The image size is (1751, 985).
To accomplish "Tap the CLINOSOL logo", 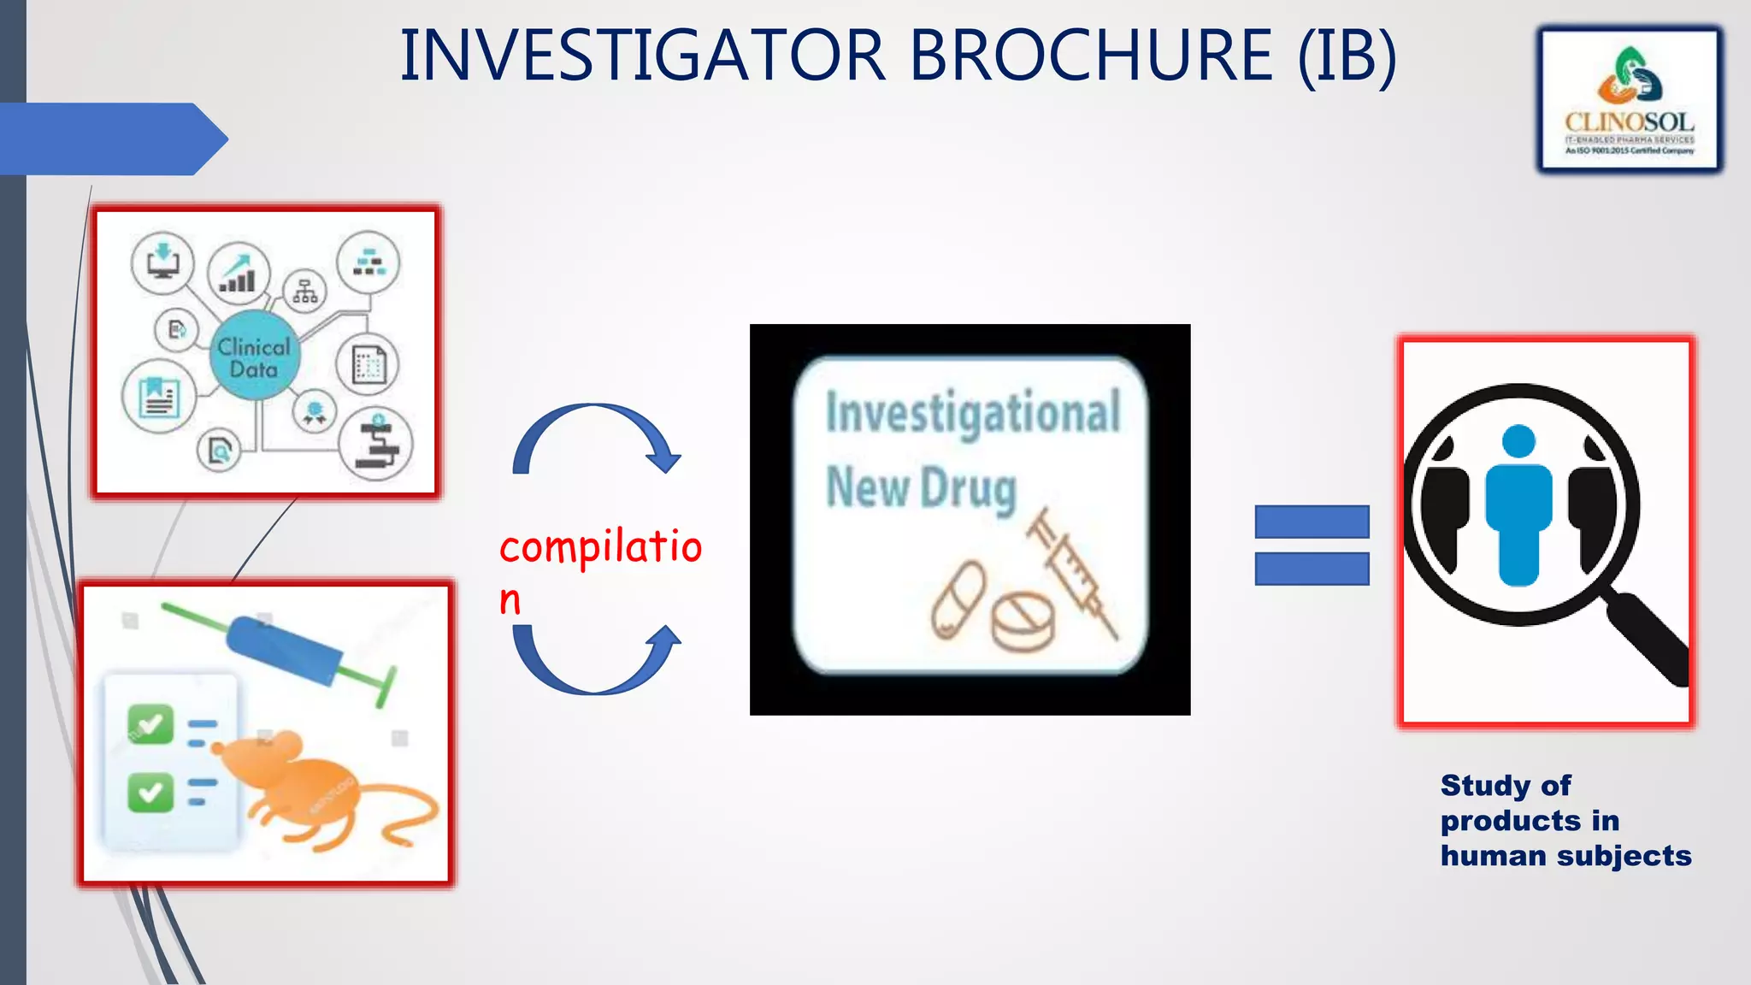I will coord(1630,101).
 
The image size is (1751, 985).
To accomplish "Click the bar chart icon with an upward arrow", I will coord(239,272).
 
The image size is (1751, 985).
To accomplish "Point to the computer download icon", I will coord(162,261).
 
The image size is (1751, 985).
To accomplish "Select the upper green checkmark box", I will coord(150,724).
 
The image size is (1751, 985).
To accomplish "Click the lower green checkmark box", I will coord(150,792).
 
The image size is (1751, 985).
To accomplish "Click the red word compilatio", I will coord(600,547).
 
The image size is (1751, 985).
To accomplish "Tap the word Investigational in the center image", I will coord(972,413).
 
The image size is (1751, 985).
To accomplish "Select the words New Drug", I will coord(921,488).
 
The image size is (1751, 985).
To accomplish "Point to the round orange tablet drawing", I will coord(1023,621).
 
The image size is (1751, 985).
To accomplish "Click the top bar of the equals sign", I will coord(1312,522).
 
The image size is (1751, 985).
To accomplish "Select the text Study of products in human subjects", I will coord(1565,820).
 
